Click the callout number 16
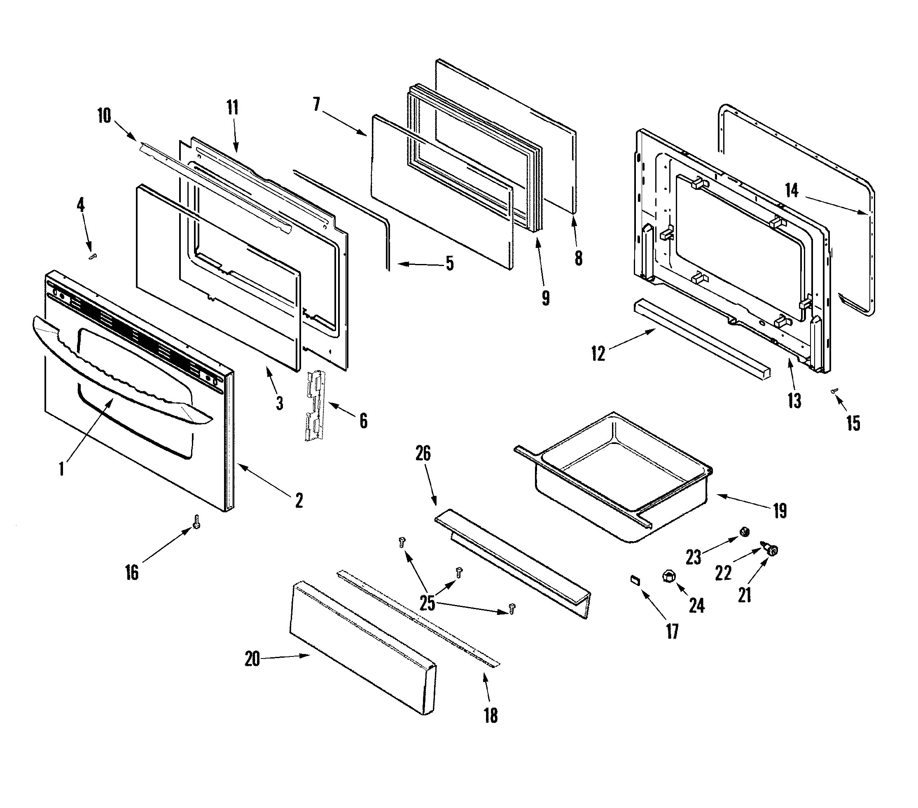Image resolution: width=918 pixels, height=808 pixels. click(132, 573)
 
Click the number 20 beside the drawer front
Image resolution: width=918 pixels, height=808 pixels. click(252, 659)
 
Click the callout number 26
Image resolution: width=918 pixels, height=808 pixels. click(423, 454)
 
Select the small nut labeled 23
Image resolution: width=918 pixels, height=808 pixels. click(744, 532)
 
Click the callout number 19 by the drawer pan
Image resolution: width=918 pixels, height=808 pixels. click(780, 511)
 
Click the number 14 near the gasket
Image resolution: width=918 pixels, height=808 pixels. click(791, 190)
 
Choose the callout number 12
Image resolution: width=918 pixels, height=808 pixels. click(598, 353)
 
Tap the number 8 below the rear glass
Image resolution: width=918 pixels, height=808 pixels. click(579, 258)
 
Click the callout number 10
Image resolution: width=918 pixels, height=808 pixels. click(104, 116)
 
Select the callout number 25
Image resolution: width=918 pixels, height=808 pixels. click(427, 603)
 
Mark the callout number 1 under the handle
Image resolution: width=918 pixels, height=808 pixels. click(61, 469)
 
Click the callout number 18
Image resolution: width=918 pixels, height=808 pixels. click(491, 715)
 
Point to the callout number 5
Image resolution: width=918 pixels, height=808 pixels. click(450, 263)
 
